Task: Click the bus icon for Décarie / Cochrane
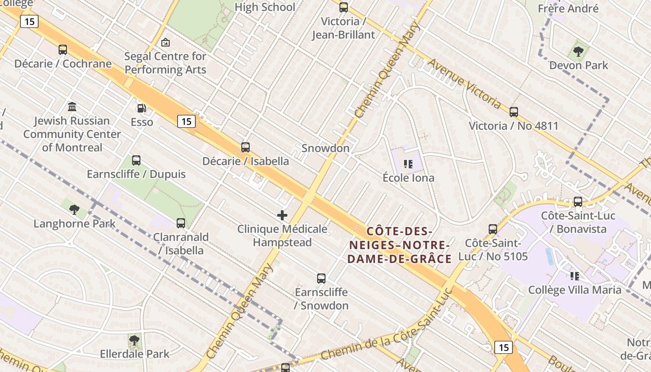pyautogui.click(x=63, y=50)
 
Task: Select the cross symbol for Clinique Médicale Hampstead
pyautogui.click(x=282, y=215)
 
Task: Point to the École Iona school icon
pyautogui.click(x=408, y=164)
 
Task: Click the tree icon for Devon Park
pyautogui.click(x=578, y=52)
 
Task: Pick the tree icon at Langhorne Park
pyautogui.click(x=74, y=209)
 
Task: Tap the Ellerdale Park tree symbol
pyautogui.click(x=134, y=340)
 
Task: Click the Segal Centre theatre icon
pyautogui.click(x=165, y=43)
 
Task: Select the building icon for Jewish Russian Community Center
pyautogui.click(x=72, y=107)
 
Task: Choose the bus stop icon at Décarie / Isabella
pyautogui.click(x=246, y=147)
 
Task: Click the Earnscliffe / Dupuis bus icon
pyautogui.click(x=136, y=160)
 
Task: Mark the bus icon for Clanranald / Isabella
pyautogui.click(x=181, y=223)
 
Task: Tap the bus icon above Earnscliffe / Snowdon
pyautogui.click(x=321, y=279)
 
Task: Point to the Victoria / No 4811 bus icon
pyautogui.click(x=514, y=112)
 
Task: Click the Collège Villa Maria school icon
pyautogui.click(x=575, y=276)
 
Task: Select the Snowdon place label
pyautogui.click(x=325, y=148)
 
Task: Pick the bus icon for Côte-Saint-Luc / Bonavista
pyautogui.click(x=578, y=202)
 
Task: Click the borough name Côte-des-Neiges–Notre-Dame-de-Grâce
pyautogui.click(x=400, y=245)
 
